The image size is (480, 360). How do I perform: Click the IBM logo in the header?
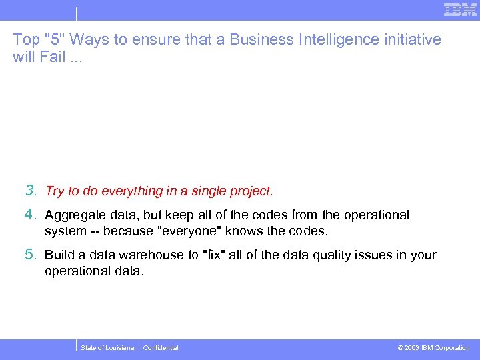pyautogui.click(x=460, y=10)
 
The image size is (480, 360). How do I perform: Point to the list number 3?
pyautogui.click(x=30, y=191)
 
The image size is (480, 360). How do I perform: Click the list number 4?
pyautogui.click(x=30, y=215)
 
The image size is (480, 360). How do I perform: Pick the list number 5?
pyautogui.click(x=30, y=255)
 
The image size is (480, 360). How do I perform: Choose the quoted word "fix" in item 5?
pyautogui.click(x=214, y=255)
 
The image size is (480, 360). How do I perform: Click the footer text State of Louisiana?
pyautogui.click(x=107, y=348)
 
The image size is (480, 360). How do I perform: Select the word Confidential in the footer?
pyautogui.click(x=161, y=348)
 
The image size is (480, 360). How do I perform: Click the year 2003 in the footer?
pyautogui.click(x=412, y=348)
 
